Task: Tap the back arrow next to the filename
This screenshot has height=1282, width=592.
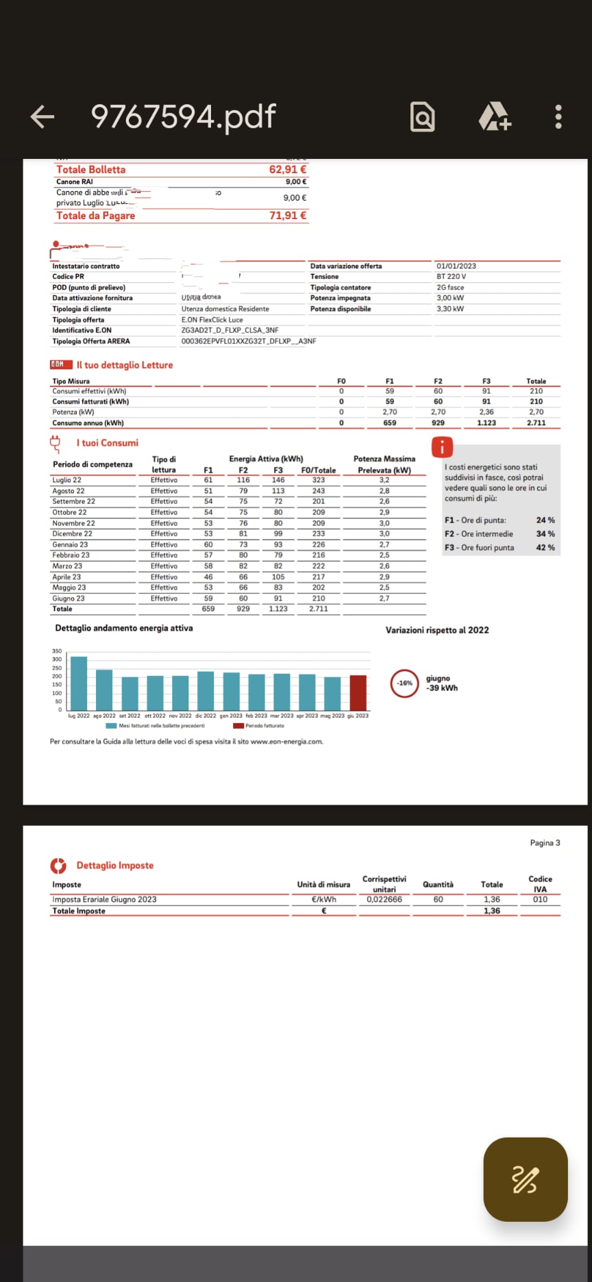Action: pos(42,117)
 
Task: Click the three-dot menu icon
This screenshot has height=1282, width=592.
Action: pos(558,117)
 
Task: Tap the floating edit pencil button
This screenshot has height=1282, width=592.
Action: pos(525,1179)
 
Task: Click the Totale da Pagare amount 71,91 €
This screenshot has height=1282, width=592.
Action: pos(288,216)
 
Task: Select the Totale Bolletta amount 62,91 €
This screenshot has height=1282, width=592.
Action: pos(288,170)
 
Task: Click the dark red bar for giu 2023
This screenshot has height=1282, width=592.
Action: pos(358,692)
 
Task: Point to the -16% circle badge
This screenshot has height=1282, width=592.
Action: pos(405,683)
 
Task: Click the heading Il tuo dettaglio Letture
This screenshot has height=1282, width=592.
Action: pos(124,365)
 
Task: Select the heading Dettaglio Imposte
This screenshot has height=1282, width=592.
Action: pos(114,866)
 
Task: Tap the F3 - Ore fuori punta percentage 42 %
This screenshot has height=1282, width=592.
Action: pos(545,548)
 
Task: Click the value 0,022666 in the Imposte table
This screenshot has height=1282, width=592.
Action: pos(384,900)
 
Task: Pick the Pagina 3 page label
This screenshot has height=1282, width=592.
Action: pos(545,843)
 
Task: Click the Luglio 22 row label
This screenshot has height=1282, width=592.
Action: pos(67,480)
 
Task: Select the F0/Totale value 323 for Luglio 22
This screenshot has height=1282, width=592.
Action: pos(319,480)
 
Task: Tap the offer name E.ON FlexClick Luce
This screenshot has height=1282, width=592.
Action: pos(212,320)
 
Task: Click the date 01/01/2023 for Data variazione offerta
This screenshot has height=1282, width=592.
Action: pos(456,266)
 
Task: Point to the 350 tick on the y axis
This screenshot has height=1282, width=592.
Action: pos(57,651)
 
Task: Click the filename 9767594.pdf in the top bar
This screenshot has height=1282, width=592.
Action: pos(183,117)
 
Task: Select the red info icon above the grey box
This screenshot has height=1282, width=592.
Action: pos(443,448)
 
